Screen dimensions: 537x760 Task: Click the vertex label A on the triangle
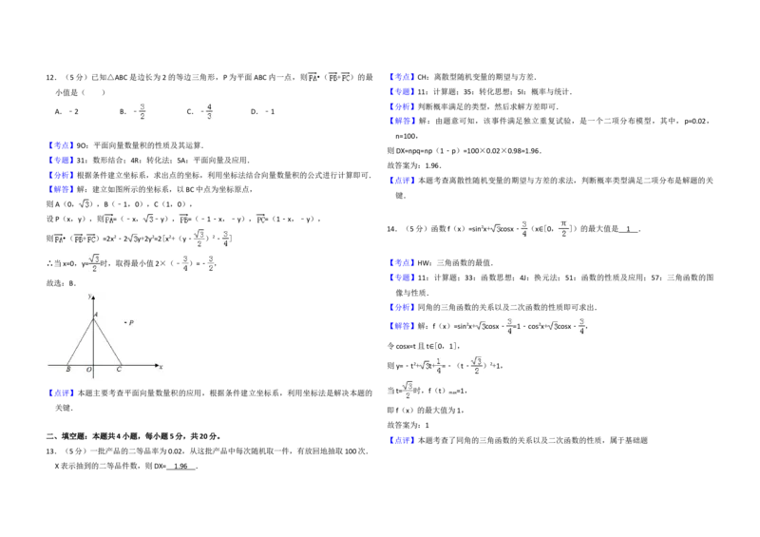click(x=96, y=314)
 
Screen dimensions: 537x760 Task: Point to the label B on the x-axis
click(x=68, y=370)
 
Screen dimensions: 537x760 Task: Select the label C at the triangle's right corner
click(x=119, y=370)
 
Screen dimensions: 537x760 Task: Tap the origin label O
click(x=88, y=370)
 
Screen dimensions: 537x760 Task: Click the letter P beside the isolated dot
click(x=131, y=323)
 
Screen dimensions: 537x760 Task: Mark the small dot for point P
click(x=125, y=323)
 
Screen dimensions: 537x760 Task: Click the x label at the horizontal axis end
click(x=161, y=367)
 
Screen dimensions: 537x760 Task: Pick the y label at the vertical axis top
click(x=88, y=296)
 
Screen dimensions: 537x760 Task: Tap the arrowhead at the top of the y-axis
click(x=93, y=298)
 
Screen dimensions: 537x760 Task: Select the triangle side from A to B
click(x=81, y=341)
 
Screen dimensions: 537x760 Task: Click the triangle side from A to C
click(x=105, y=341)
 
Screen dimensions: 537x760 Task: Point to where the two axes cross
click(x=93, y=364)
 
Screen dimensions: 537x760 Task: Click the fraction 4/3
click(x=212, y=110)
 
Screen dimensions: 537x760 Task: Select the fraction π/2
click(x=562, y=228)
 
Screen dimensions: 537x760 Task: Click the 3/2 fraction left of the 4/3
click(x=143, y=110)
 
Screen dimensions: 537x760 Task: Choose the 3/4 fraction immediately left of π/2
click(x=523, y=228)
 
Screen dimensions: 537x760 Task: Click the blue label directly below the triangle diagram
click(x=61, y=393)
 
